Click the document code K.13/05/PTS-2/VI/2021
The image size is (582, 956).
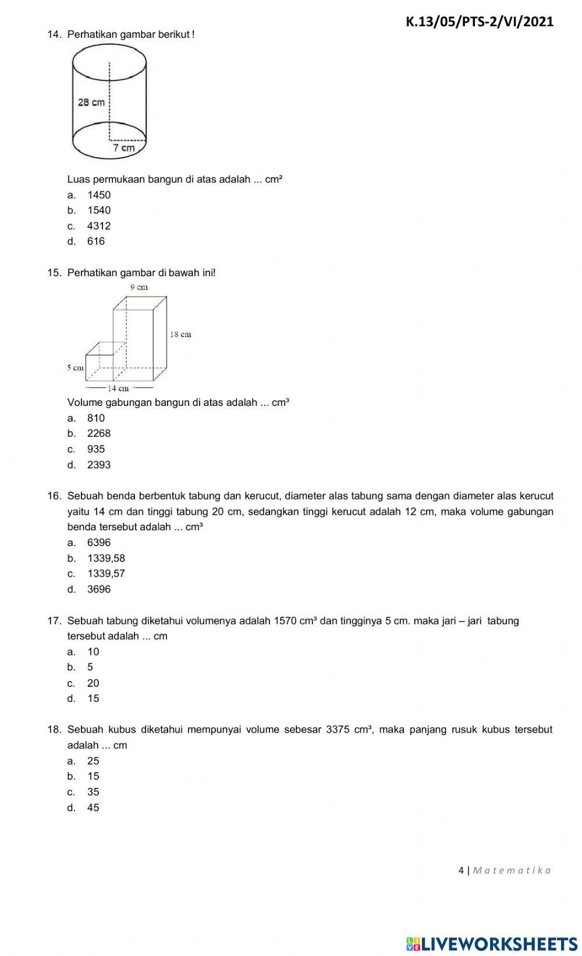click(x=479, y=22)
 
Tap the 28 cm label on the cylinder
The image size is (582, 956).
click(x=91, y=102)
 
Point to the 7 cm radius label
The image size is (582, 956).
click(x=124, y=148)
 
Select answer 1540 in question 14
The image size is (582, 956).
click(x=98, y=211)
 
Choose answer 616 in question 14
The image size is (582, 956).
click(x=96, y=241)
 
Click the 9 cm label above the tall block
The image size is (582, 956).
click(x=139, y=287)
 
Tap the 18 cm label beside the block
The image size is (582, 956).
click(x=180, y=334)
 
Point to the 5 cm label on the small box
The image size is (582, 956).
click(x=75, y=368)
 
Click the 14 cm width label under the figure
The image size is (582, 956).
click(x=119, y=388)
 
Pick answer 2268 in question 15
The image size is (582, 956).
click(x=98, y=433)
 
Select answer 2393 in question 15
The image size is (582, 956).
click(x=98, y=465)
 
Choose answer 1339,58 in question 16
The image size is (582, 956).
click(x=106, y=558)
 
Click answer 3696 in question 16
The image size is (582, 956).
click(x=98, y=589)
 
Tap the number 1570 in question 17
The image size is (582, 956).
click(x=285, y=620)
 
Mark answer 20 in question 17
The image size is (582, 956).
click(x=93, y=683)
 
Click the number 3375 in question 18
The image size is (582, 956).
click(x=338, y=730)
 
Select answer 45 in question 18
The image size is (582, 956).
click(x=93, y=808)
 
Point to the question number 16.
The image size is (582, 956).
click(x=54, y=496)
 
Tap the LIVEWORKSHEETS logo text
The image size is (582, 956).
click(x=499, y=944)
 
